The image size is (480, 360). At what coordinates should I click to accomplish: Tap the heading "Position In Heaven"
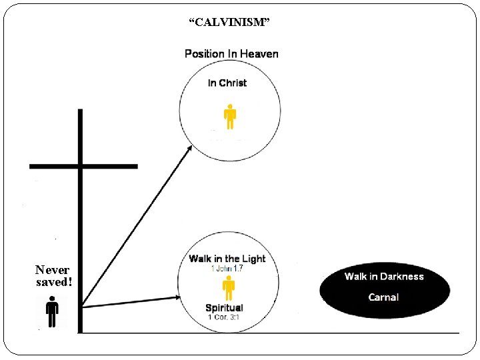click(231, 54)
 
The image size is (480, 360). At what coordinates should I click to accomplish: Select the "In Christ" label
click(227, 83)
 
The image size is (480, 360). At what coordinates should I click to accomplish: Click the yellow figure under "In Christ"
click(230, 117)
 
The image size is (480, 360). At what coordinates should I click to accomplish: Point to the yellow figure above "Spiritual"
click(229, 289)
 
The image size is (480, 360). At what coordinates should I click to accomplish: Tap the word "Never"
click(53, 270)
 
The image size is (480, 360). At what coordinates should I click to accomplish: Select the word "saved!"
click(54, 282)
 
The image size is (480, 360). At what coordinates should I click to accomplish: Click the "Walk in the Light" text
click(227, 259)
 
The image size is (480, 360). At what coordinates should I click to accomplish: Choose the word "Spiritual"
click(224, 308)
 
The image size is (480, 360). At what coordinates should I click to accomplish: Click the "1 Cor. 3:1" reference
click(225, 317)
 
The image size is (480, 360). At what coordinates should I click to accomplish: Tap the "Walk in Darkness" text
click(384, 276)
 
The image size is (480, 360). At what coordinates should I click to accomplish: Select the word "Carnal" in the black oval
click(383, 297)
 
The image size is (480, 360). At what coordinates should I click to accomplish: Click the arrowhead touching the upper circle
click(189, 149)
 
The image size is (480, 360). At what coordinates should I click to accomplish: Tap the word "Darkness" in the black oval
click(401, 276)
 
